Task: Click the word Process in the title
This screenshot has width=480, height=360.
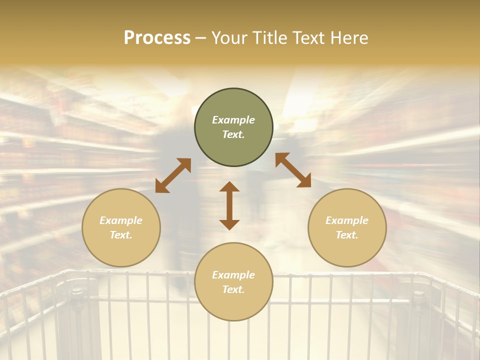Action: (157, 38)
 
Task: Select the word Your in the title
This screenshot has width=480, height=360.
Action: (229, 38)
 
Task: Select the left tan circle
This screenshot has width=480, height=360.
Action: (121, 227)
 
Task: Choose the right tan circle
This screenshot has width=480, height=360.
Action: (347, 227)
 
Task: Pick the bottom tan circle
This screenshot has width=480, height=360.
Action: (233, 282)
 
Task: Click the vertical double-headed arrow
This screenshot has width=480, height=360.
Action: (229, 205)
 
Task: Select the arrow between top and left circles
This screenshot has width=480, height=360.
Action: (173, 175)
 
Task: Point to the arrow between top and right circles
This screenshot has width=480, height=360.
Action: (293, 170)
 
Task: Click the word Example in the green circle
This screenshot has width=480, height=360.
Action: (233, 120)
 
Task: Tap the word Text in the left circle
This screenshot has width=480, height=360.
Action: (121, 235)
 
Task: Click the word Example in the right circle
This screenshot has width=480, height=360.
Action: (347, 220)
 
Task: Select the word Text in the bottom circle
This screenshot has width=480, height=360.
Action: (233, 289)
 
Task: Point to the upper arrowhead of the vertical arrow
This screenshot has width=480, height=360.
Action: (229, 186)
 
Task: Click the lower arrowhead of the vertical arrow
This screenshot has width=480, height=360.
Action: (229, 224)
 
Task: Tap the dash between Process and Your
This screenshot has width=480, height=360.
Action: (201, 38)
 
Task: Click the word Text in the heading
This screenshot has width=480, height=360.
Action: (310, 38)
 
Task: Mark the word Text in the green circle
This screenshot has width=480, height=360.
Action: (233, 134)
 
